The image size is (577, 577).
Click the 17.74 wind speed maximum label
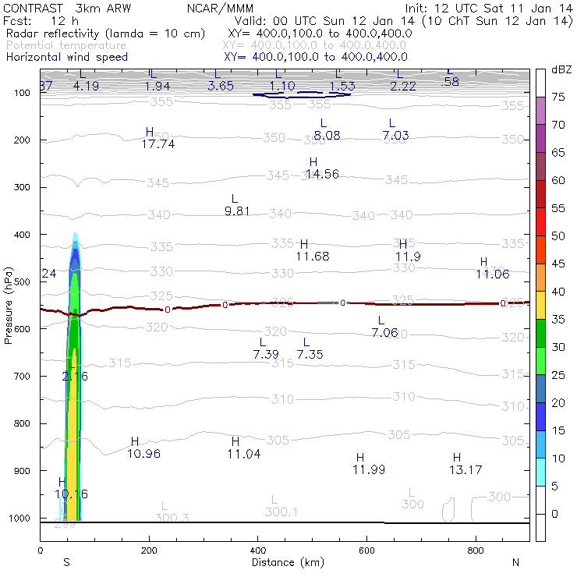click(158, 143)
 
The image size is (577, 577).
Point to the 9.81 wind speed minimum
click(237, 211)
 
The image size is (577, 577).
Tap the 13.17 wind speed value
click(465, 469)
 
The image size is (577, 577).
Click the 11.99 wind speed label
click(369, 469)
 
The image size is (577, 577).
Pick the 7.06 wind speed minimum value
click(385, 333)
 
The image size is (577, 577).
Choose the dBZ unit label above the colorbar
click(561, 70)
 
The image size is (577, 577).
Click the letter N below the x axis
click(515, 562)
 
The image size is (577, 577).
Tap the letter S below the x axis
click(67, 562)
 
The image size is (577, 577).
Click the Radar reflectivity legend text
click(105, 34)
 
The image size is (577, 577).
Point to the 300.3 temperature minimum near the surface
click(172, 517)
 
